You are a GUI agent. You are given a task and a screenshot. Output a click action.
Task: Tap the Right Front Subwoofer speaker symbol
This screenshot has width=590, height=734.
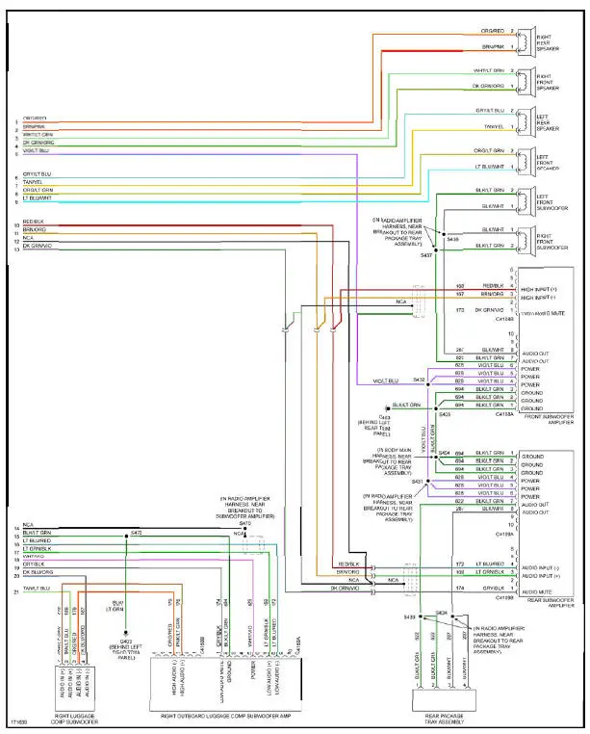[528, 240]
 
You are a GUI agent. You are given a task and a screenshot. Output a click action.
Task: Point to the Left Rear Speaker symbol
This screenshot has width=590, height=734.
[528, 119]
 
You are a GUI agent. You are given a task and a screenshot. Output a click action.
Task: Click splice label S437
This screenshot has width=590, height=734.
[428, 254]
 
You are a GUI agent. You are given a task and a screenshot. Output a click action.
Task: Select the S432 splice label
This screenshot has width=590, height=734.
[419, 380]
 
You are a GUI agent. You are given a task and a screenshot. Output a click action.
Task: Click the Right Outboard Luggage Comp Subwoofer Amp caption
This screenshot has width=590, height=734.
[225, 719]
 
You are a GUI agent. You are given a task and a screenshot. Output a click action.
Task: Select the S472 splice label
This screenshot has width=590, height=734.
[136, 532]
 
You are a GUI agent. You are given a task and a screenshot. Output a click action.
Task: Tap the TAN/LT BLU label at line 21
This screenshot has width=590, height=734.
[38, 588]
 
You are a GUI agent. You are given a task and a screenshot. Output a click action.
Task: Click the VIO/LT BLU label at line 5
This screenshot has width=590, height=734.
[36, 150]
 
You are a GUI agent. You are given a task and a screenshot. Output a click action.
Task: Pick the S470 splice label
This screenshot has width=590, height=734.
[244, 523]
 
